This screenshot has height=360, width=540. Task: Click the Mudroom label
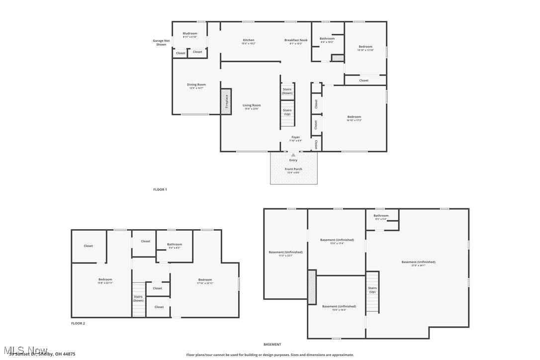coord(189,34)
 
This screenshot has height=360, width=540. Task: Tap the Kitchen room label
coord(248,40)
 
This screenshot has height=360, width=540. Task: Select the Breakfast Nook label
coord(296,40)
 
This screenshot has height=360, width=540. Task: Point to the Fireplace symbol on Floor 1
coord(226,102)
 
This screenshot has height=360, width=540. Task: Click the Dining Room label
coord(196,85)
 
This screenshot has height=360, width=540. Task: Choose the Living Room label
coord(252,105)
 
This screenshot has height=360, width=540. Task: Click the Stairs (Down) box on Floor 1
coord(287,91)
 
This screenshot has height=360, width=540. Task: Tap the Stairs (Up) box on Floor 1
coord(287,112)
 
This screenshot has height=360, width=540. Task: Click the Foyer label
coord(295,137)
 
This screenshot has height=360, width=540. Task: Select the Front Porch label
coord(293,170)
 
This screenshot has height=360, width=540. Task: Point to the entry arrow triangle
coord(293,155)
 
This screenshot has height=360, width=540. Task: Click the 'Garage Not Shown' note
coord(161,43)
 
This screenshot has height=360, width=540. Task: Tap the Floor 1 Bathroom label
coord(327,39)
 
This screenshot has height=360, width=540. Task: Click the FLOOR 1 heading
coord(160,189)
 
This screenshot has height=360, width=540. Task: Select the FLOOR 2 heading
coord(78,323)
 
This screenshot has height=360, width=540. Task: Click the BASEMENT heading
coord(272,344)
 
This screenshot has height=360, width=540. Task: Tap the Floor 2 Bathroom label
coord(174,245)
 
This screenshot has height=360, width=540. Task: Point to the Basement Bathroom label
coord(381,216)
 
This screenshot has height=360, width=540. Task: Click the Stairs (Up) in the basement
coord(372,290)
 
